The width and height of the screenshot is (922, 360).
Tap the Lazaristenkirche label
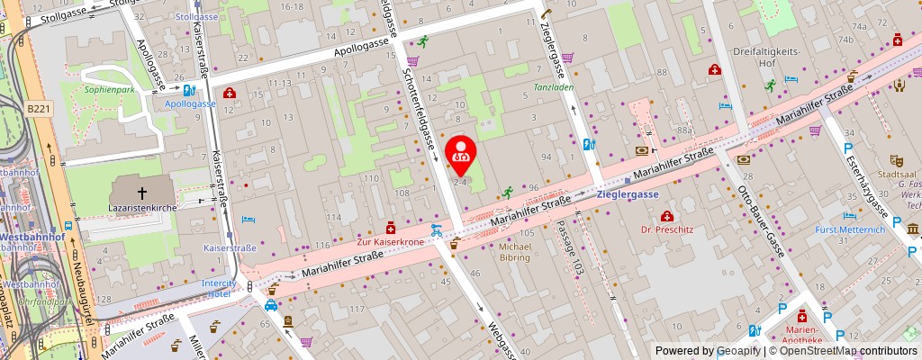[142, 207]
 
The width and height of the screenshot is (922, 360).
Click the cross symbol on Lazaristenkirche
[141, 192]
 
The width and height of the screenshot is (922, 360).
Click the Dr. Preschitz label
[666, 229]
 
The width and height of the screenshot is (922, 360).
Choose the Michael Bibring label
[516, 252]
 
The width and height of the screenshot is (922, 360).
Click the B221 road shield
[38, 108]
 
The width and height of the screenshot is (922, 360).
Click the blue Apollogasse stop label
[189, 103]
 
